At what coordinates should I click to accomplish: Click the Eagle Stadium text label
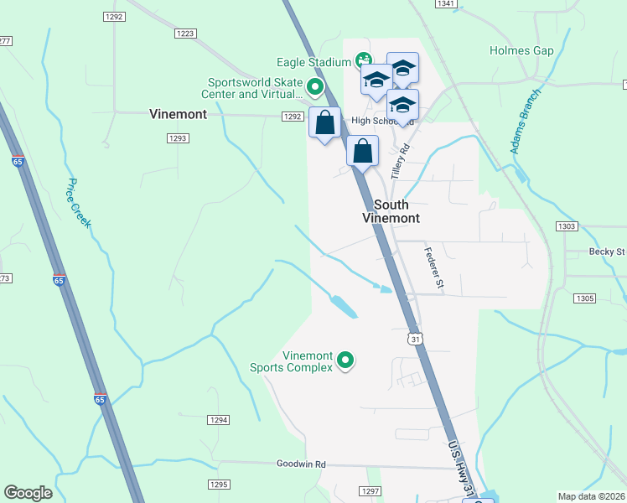coord(313,62)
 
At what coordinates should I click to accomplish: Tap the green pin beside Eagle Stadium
coord(363,60)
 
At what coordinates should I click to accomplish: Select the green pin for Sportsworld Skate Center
coord(315,86)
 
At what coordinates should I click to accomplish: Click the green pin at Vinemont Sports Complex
coord(345,361)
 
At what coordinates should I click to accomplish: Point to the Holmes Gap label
coord(521,51)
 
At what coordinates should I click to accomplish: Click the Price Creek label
coord(79,203)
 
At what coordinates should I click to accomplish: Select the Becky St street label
coord(608,251)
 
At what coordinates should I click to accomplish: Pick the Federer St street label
coord(433,267)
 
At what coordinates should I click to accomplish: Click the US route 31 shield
coord(415,339)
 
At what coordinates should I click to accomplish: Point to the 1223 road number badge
coord(185,34)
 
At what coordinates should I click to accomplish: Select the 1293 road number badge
coord(178,138)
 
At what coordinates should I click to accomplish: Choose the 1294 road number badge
coord(219,420)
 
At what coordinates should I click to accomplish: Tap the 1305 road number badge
coord(584,298)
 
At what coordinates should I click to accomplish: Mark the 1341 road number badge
coord(445,4)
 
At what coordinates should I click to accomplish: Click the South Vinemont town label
coord(391,211)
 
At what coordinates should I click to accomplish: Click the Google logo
coord(28,493)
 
